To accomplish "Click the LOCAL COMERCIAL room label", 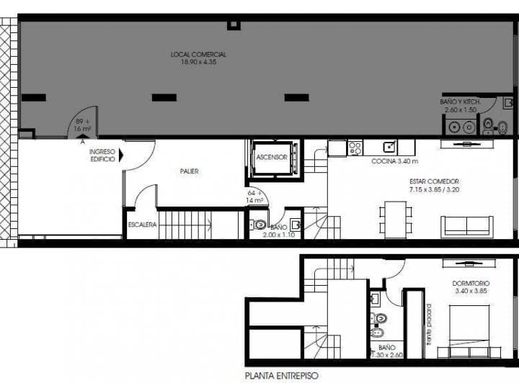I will pos(198,55).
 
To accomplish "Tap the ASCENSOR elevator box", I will pos(272,157).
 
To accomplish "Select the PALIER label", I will pos(189,171).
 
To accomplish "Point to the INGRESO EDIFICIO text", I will pos(102,155).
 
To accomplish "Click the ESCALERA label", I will pos(142,225).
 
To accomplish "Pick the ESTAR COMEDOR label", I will pos(434,181).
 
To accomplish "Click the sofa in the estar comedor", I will pos(467,225).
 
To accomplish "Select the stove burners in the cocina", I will pos(355,148).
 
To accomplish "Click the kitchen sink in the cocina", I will pos(389,148).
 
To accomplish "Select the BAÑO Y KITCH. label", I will pos(459,102).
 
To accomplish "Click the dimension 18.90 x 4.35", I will pos(198,63).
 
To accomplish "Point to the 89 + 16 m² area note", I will pos(81,125).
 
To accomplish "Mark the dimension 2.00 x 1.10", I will pos(278,235).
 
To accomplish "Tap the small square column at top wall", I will pos(233,24).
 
